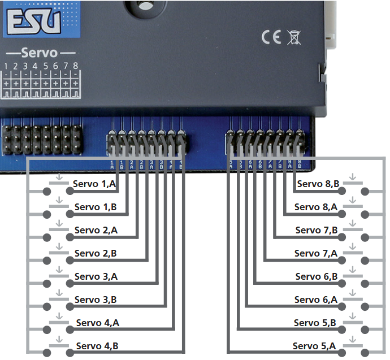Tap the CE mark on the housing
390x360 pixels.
(x=272, y=37)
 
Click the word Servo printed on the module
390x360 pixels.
(x=40, y=53)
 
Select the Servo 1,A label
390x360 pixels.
(x=95, y=184)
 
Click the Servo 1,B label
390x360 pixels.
(x=95, y=207)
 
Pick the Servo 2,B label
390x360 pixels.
(x=96, y=253)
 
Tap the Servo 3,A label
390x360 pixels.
(x=96, y=276)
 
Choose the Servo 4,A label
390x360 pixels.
(x=97, y=323)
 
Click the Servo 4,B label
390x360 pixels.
(x=97, y=346)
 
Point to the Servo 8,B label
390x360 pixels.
(x=318, y=184)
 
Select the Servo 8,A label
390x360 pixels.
(x=316, y=207)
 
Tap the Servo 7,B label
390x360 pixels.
(x=317, y=230)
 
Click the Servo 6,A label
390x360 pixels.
(x=316, y=300)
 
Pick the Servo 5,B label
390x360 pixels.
(x=315, y=323)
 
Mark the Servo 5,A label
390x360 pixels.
(x=314, y=346)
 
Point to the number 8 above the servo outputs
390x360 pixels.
(x=75, y=66)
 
